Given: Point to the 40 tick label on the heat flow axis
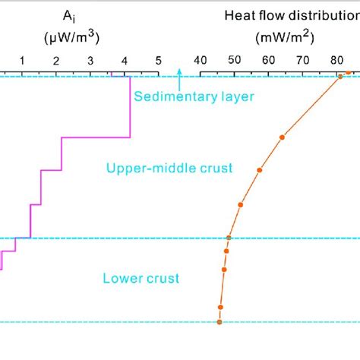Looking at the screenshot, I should click(x=201, y=60).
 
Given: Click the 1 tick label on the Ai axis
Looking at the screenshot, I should click(x=22, y=60).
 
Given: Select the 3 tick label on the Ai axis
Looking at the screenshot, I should click(x=90, y=60).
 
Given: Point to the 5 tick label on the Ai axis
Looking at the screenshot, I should click(x=158, y=60).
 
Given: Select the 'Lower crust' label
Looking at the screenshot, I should click(x=141, y=279).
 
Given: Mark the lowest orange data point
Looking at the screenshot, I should click(x=219, y=322).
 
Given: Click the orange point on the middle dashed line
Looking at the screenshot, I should click(x=229, y=238).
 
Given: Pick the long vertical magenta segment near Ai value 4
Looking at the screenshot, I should click(x=131, y=106).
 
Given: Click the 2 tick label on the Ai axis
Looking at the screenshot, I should click(x=56, y=60).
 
